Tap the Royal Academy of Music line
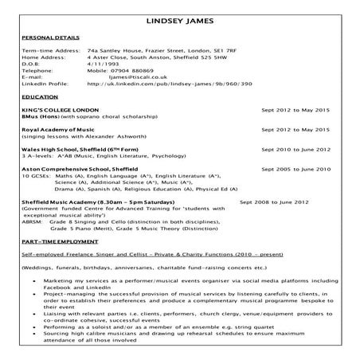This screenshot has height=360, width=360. [60, 127]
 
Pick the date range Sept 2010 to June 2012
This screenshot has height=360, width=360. [295, 148]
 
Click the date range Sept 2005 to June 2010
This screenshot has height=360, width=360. [295, 169]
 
